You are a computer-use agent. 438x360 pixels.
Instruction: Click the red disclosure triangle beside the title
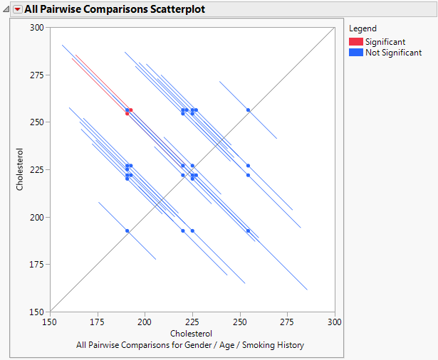pos(17,11)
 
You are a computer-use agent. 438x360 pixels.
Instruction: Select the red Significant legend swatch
pos(355,42)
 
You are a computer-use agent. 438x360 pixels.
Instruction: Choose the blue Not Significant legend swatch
pos(355,53)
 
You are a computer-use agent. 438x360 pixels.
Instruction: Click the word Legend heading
pos(363,28)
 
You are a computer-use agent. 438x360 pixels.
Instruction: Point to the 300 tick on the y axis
pos(37,28)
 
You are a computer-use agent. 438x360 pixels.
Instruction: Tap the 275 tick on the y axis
pos(37,75)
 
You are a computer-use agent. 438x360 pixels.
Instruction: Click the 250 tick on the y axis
pos(37,122)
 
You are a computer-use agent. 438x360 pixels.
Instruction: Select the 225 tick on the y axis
pos(37,169)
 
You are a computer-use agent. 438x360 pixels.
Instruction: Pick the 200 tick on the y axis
pos(37,217)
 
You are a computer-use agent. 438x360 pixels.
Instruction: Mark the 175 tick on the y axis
pos(37,264)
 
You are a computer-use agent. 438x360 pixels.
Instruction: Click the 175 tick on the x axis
pos(98,322)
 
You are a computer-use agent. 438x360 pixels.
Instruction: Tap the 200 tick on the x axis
pos(145,322)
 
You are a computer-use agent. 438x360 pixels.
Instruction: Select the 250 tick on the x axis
pos(239,322)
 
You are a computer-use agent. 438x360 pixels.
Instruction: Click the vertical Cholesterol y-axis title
pos(21,169)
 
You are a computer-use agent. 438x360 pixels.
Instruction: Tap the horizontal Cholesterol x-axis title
pos(191,334)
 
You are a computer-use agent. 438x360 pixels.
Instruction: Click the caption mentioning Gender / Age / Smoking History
pos(190,345)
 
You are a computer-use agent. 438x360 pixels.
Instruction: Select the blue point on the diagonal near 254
pos(248,110)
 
